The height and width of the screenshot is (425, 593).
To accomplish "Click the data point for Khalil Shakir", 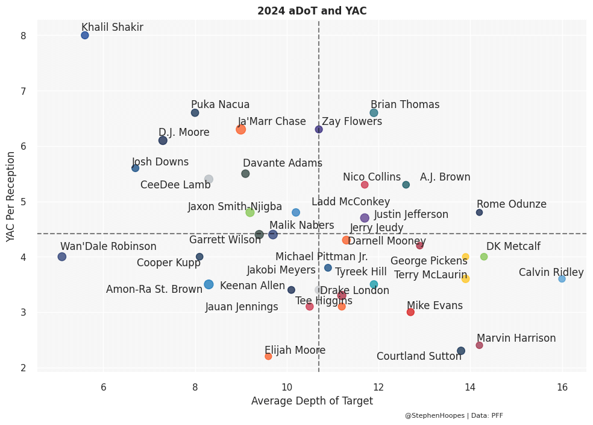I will [85, 35].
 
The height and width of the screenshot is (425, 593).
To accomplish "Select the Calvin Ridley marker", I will [562, 278].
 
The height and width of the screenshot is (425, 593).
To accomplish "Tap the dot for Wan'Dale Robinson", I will [61, 257].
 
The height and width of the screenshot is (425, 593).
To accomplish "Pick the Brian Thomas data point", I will [374, 113].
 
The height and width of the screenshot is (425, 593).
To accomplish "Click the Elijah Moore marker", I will [268, 356].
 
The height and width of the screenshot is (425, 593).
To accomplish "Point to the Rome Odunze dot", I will [479, 212].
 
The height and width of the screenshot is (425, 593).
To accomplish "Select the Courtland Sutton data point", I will [461, 351].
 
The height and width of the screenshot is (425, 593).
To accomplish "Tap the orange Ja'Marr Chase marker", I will [240, 129].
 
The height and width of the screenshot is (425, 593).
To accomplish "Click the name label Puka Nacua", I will [220, 104].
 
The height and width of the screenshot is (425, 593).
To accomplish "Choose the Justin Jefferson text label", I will [411, 214].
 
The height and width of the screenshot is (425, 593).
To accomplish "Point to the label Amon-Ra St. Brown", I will [154, 289].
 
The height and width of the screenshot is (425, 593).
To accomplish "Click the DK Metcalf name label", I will [505, 246].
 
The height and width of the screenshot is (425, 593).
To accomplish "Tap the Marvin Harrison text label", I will [516, 338].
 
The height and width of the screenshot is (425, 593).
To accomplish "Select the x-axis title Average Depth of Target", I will [312, 401].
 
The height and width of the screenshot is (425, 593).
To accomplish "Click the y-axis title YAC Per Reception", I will [11, 197].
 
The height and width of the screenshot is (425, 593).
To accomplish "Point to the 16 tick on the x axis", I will [562, 386].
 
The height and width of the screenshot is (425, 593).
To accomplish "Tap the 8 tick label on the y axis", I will [24, 36].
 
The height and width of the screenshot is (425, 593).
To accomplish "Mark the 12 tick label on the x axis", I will [378, 386].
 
